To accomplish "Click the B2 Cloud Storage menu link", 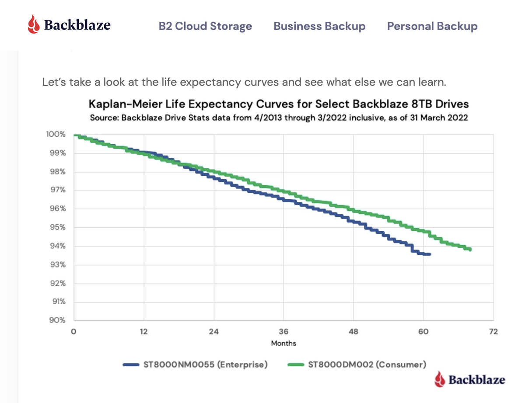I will tap(205, 26).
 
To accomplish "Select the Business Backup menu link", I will tap(319, 26).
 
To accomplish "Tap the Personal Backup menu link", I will tap(432, 26).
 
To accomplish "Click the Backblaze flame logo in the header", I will tap(34, 24).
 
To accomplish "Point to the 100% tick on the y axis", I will tap(56, 135).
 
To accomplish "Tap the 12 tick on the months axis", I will tap(143, 332).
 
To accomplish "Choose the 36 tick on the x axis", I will tap(283, 332).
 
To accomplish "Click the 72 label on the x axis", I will tap(493, 332).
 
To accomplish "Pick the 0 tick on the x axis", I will tap(74, 332).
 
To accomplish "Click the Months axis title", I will tap(283, 343).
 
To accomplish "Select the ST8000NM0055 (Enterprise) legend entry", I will tap(195, 364).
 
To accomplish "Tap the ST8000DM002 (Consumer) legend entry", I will tap(357, 364).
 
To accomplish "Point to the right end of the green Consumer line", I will tap(470, 249).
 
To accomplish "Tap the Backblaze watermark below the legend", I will tap(470, 379).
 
